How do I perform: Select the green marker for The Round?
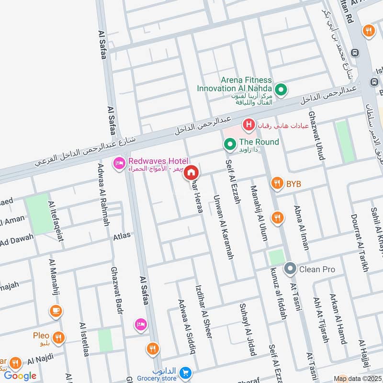pyautogui.click(x=230, y=143)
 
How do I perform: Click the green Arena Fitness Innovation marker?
pyautogui.click(x=282, y=89)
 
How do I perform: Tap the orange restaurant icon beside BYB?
pyautogui.click(x=277, y=183)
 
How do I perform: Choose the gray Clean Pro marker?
pyautogui.click(x=290, y=269)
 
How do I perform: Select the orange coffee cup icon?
pyautogui.click(x=56, y=311)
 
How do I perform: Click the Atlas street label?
pyautogui.click(x=122, y=236)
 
